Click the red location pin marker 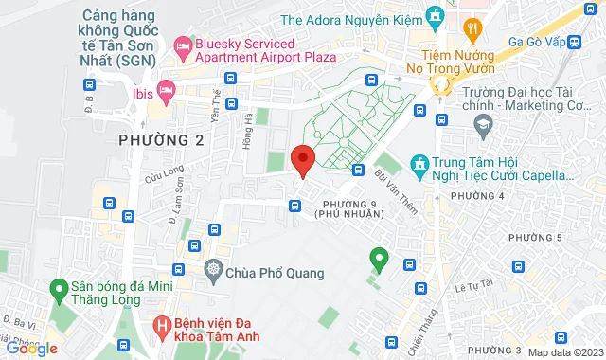coord(302,161)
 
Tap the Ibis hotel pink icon coord(167,90)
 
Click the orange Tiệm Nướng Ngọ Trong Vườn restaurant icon coord(471,30)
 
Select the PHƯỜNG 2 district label coord(161,140)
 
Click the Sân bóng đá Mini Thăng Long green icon coord(58,287)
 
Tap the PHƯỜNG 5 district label coord(534,236)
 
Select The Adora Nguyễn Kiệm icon coord(435,17)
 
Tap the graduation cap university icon coord(483,124)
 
